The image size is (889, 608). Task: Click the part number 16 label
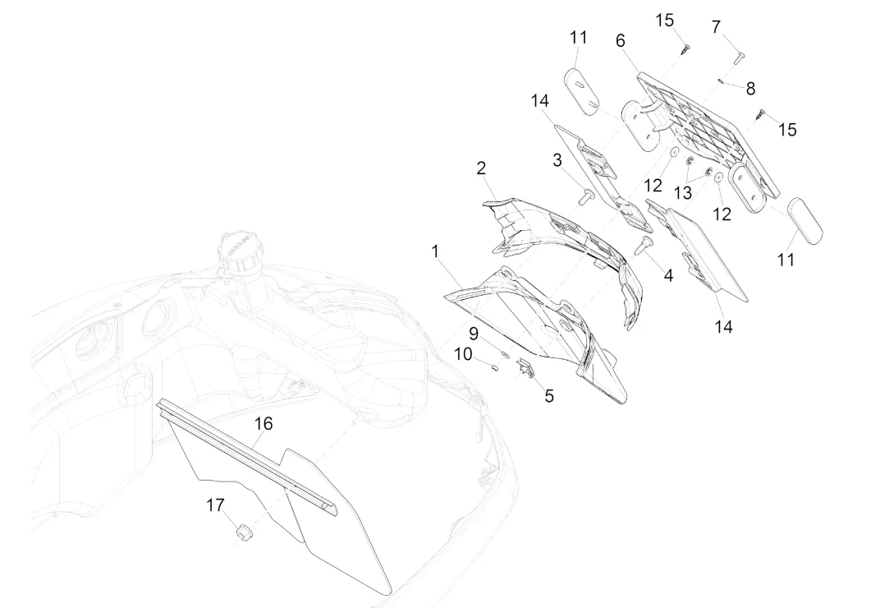(263, 424)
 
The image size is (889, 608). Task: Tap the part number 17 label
(215, 505)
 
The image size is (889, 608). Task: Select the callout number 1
(436, 251)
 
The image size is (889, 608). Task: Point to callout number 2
(481, 168)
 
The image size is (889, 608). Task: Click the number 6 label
(620, 40)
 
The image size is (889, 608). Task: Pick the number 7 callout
(716, 28)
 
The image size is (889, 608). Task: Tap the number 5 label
(549, 396)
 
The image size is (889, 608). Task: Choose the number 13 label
(683, 192)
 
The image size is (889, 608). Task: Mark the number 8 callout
(750, 89)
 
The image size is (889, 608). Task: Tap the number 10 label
(463, 354)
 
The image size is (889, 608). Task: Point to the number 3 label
(557, 159)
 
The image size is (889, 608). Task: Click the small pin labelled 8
(720, 81)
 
